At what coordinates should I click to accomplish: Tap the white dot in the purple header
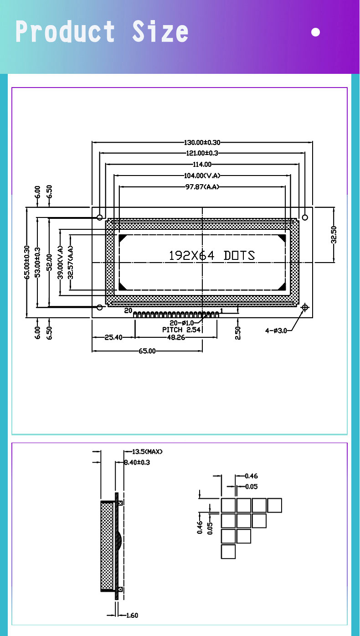pos(315,32)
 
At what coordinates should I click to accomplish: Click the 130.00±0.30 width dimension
pos(201,143)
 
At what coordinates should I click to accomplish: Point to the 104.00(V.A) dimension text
pos(201,176)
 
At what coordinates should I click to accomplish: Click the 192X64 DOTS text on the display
pos(211,256)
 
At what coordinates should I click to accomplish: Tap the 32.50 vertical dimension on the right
pos(334,235)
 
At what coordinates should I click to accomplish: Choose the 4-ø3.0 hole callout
pos(276,331)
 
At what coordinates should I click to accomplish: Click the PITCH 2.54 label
pos(181,330)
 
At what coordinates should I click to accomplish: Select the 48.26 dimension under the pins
pos(176,338)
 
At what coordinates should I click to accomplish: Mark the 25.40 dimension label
pos(113,338)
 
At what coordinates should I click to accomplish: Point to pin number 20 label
pos(129,310)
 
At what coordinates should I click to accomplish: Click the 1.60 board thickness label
pos(131,615)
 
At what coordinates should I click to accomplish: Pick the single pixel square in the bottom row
pos(228,552)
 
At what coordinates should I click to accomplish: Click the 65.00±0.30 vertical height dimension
pos(27,262)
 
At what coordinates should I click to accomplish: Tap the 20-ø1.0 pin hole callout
pos(181,323)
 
